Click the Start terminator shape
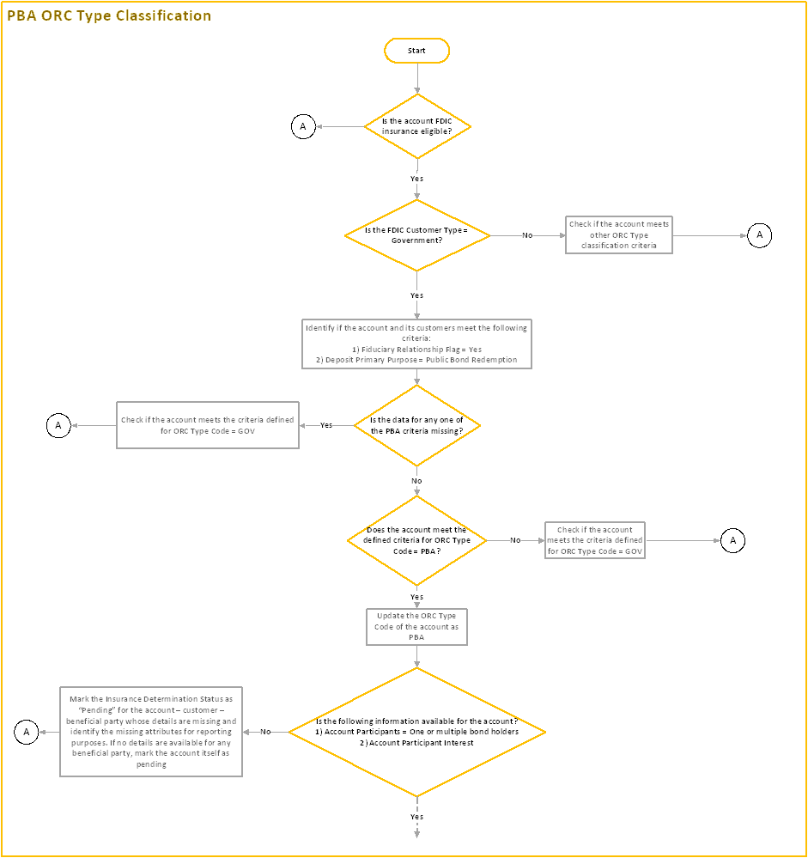[416, 51]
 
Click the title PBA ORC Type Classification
[108, 16]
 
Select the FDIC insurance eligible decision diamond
[416, 126]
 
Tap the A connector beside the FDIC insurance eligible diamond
[302, 127]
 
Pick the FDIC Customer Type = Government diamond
[416, 235]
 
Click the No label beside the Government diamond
[527, 235]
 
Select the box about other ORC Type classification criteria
[618, 234]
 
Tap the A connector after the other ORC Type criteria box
[759, 235]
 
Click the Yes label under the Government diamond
[416, 295]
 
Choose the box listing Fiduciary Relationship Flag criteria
[416, 344]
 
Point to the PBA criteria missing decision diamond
[416, 425]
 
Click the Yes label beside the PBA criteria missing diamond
[326, 425]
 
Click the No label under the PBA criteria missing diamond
[416, 481]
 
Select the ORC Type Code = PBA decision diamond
[416, 540]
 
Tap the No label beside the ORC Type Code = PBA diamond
[515, 540]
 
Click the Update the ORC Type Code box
[416, 627]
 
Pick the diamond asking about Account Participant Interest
[416, 732]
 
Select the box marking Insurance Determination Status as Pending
[150, 732]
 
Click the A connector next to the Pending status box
[26, 732]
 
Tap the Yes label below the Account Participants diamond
[416, 817]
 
